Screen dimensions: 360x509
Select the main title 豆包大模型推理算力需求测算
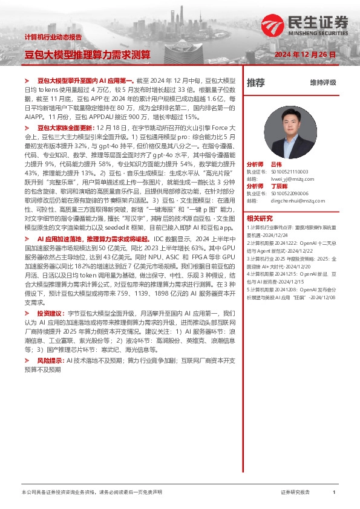click(x=87, y=54)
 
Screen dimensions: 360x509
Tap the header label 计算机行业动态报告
click(x=53, y=37)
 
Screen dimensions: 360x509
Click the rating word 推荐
click(x=256, y=82)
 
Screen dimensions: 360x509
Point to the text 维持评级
click(x=322, y=82)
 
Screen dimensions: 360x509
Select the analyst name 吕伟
click(x=293, y=164)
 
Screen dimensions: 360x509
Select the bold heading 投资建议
click(x=50, y=314)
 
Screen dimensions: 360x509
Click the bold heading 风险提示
click(x=50, y=360)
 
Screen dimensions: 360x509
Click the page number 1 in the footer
click(x=333, y=493)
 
